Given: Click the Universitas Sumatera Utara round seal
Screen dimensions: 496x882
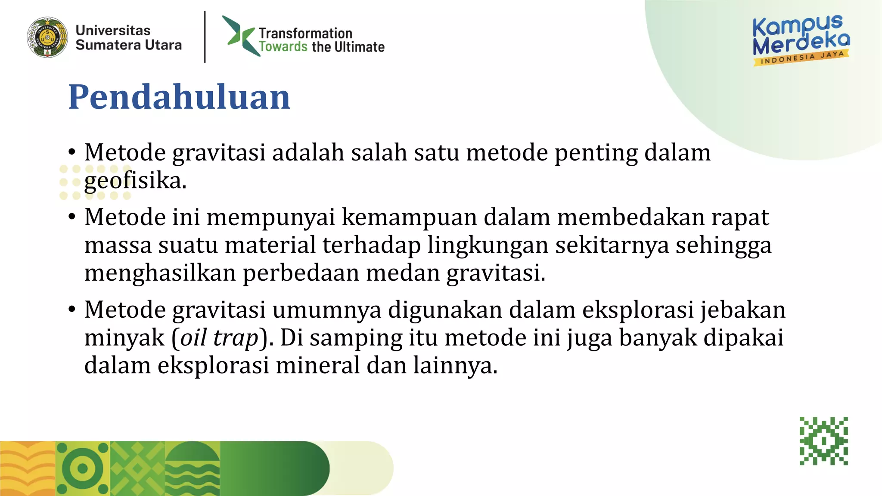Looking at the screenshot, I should click(x=47, y=37).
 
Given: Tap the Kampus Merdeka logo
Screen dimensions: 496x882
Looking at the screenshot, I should click(x=801, y=39).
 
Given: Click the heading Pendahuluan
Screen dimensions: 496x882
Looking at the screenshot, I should click(x=179, y=97).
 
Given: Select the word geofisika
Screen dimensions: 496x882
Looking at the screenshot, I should click(x=135, y=180).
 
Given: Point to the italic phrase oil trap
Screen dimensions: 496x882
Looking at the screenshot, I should click(x=219, y=338).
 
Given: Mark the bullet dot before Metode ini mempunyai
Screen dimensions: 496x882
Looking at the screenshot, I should click(x=72, y=217).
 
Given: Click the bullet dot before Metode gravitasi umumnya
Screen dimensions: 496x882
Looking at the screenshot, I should click(x=72, y=310).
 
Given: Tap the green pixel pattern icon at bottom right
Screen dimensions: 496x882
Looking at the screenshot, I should click(x=824, y=441).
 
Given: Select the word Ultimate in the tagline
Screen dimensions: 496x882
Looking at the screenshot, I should click(x=359, y=47).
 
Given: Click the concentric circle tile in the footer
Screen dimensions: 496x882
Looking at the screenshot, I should click(x=83, y=468).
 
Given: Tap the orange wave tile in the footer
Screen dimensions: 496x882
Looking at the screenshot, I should click(x=28, y=468).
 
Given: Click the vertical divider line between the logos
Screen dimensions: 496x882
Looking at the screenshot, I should click(x=205, y=37).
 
